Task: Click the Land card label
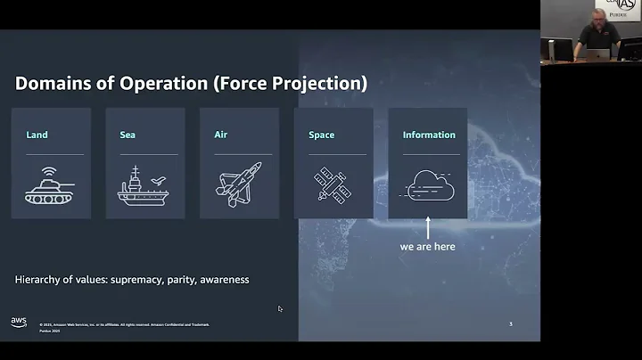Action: (37, 135)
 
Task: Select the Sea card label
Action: (128, 135)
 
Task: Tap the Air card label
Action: (221, 135)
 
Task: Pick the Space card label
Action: (321, 135)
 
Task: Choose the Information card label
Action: (429, 135)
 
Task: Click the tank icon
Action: (50, 185)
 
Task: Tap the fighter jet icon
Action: (239, 184)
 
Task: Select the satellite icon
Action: (333, 185)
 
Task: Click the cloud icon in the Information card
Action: (428, 185)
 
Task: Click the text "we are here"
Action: (428, 246)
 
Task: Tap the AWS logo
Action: (19, 322)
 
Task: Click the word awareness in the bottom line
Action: (224, 280)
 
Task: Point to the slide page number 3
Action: (510, 323)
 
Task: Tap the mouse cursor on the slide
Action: (280, 309)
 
